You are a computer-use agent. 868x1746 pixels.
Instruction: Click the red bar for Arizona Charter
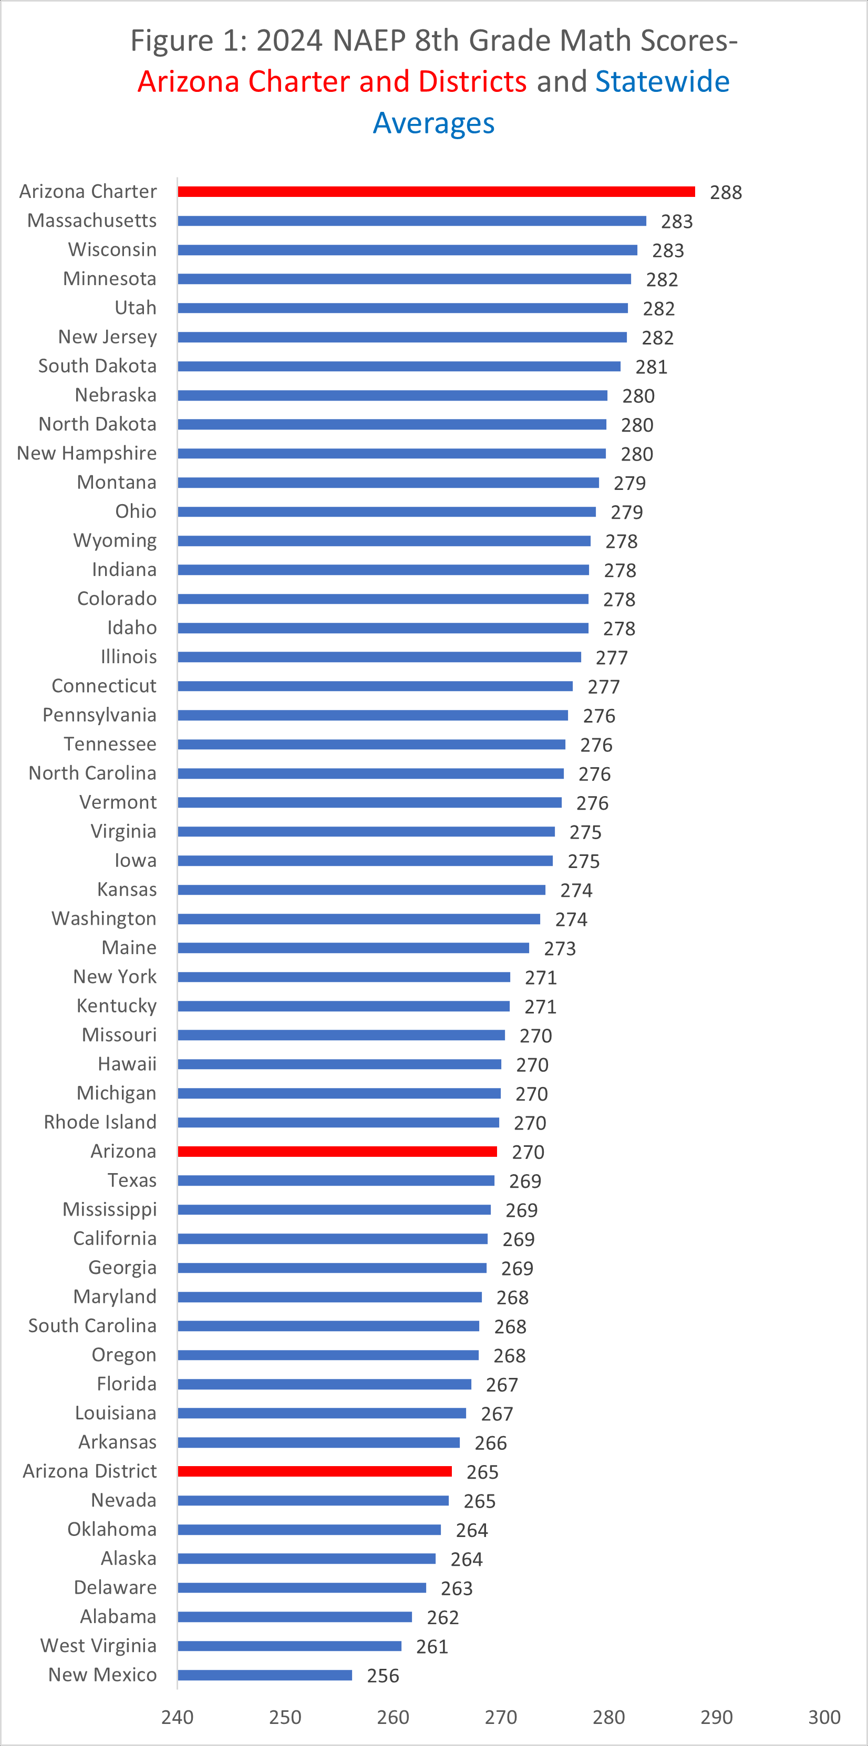coord(436,192)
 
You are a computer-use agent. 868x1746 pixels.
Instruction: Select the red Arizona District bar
coord(315,1471)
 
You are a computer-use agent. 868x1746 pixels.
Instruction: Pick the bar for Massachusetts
coord(411,221)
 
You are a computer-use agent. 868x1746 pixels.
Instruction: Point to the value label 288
coord(726,193)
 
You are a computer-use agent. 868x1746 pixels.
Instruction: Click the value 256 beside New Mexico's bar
coord(383,1676)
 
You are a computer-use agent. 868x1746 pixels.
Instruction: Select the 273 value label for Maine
coord(560,949)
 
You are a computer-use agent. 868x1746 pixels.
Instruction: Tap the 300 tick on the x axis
coord(824,1718)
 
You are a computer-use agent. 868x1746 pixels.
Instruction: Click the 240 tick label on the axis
coord(178,1718)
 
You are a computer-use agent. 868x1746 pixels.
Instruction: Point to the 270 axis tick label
coord(501,1718)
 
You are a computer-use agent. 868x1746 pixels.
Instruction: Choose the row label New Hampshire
coord(87,454)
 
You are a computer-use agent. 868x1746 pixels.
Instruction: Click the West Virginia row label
coord(98,1646)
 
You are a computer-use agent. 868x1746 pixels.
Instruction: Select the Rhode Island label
coord(100,1123)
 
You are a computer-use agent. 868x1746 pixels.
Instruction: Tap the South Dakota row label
coord(98,366)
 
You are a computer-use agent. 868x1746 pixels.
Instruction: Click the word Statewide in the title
coord(663,81)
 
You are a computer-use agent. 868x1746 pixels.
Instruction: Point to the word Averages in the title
coord(434,123)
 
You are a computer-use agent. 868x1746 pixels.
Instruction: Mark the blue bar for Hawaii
coord(339,1064)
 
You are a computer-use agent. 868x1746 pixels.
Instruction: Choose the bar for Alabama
coord(295,1617)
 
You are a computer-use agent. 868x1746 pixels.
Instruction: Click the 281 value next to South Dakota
coord(651,368)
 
